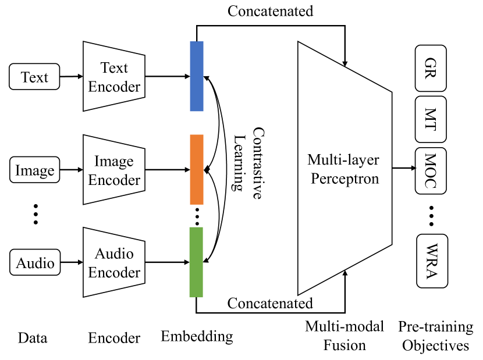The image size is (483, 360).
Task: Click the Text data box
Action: point(34,77)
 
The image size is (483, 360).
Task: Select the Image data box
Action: point(34,170)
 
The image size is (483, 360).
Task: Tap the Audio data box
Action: point(35,263)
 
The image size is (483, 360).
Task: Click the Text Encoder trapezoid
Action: point(113,76)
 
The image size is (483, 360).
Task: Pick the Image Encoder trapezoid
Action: point(113,170)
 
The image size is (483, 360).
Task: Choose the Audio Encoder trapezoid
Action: point(113,263)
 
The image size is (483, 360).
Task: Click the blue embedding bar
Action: point(197,76)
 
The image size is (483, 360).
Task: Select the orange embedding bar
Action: point(197,169)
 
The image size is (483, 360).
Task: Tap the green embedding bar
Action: point(197,262)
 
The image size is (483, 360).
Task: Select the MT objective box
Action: point(431,120)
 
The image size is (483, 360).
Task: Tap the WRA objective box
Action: point(432,261)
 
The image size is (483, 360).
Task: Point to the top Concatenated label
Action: point(270,11)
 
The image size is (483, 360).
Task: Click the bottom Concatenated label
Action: point(270,303)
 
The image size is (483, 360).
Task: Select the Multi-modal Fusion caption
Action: point(345,336)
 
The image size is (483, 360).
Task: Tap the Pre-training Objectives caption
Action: point(435,336)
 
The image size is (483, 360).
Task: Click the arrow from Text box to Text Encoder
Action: point(71,76)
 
